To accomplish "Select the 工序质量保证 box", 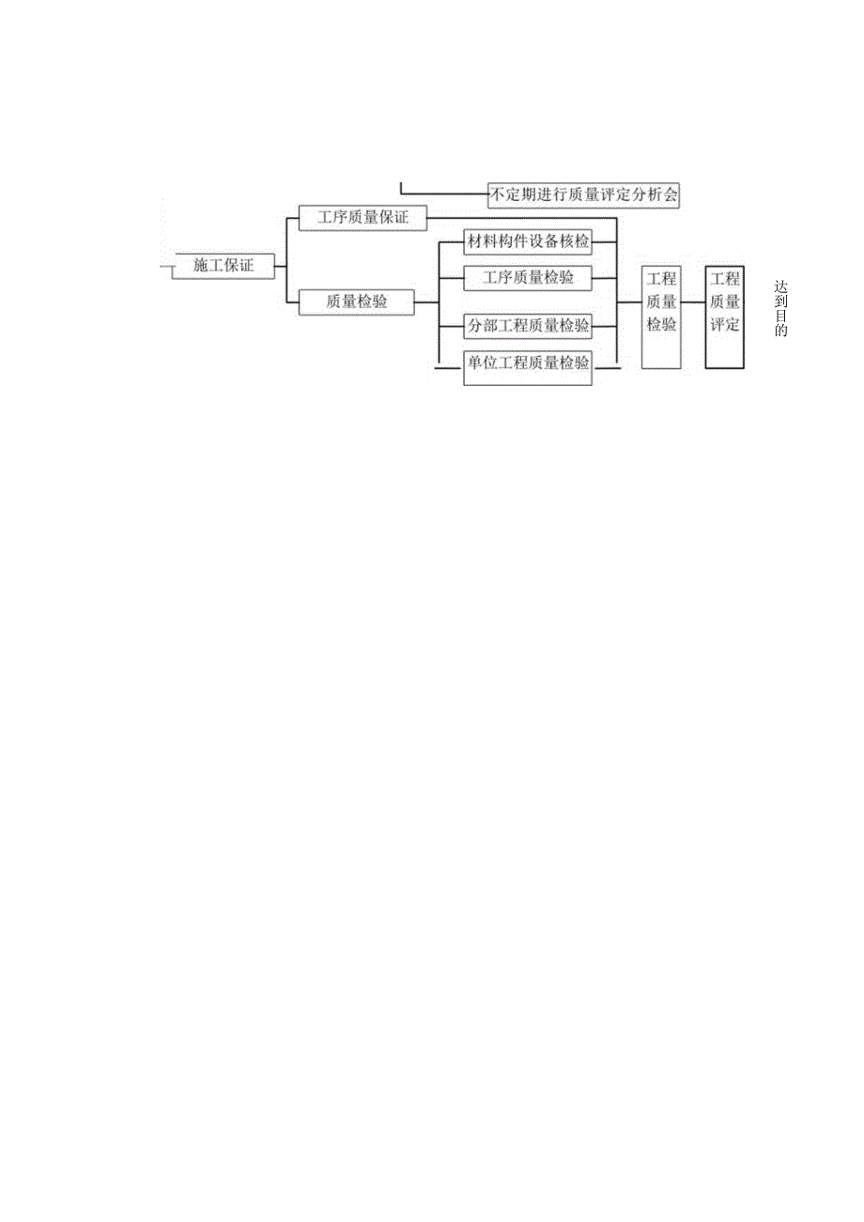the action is click(362, 218).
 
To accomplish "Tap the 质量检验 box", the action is click(356, 302).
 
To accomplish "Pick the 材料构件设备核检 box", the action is click(529, 242).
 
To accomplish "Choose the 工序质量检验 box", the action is click(529, 278).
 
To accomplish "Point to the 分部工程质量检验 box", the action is click(529, 326).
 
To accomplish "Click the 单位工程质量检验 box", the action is click(529, 363).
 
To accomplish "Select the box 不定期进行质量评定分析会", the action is click(583, 195).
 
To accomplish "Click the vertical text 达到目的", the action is click(781, 308).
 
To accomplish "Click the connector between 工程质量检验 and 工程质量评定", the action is click(693, 302).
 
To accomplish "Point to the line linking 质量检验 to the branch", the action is click(426, 302).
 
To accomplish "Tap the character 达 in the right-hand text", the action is click(781, 286).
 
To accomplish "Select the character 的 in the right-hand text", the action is click(781, 331).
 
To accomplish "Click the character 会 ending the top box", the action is click(670, 195).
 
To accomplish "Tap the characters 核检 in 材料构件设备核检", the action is click(574, 242).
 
